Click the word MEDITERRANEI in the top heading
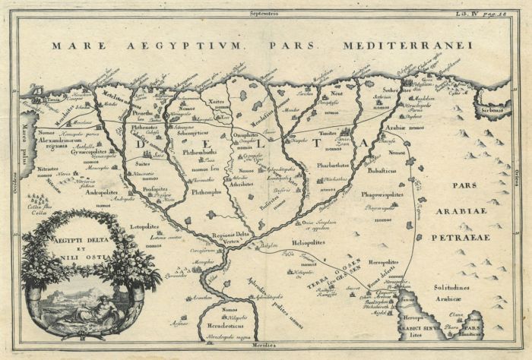407,46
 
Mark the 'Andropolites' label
95,193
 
